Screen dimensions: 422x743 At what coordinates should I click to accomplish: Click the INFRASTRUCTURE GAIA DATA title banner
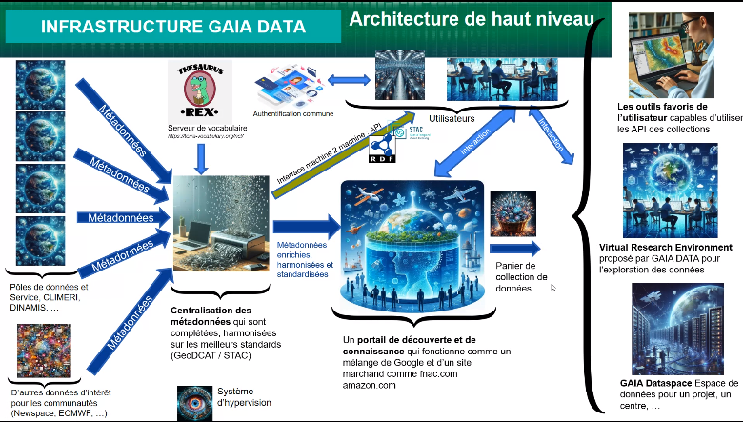(x=171, y=28)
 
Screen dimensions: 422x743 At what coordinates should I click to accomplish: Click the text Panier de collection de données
(x=521, y=275)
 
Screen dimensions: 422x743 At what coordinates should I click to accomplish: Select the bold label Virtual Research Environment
(x=668, y=248)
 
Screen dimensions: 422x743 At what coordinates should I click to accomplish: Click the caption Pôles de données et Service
(x=48, y=287)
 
